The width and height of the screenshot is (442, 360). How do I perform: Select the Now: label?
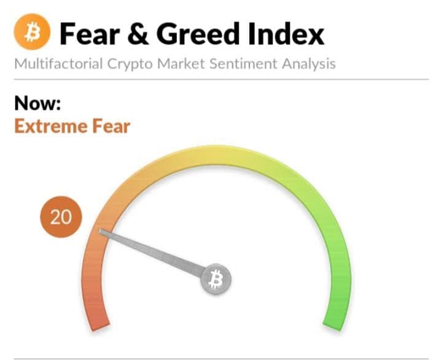(x=37, y=103)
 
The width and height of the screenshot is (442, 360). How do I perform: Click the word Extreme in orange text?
(x=50, y=126)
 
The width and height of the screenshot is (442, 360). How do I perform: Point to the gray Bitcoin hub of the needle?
(x=215, y=280)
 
